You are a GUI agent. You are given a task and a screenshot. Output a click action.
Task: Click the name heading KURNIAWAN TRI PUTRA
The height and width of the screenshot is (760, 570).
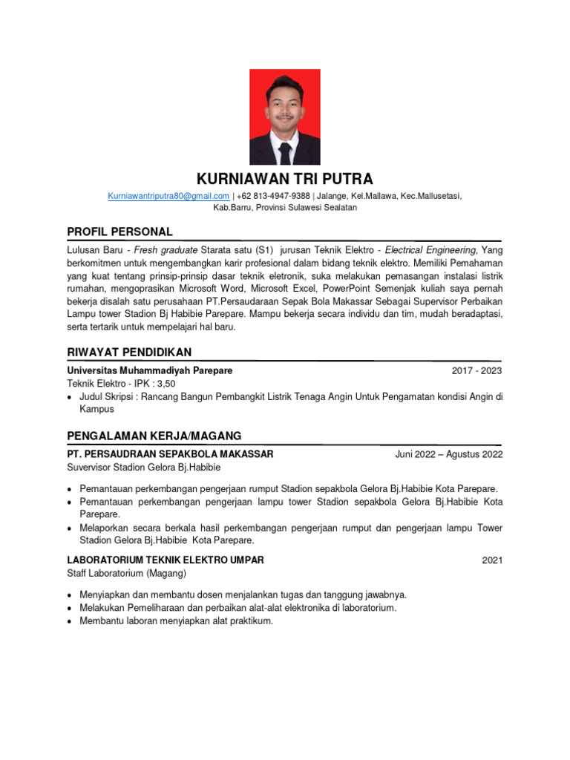tap(284, 179)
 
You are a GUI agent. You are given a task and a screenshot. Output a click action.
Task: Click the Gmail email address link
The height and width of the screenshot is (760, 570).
tap(168, 195)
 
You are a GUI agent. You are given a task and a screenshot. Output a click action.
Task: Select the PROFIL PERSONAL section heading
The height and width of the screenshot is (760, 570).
tap(119, 232)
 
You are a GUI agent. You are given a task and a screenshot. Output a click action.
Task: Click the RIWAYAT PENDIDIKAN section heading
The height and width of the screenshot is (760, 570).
tap(129, 351)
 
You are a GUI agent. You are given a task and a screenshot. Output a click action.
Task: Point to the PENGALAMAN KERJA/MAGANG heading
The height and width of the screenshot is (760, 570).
tap(154, 435)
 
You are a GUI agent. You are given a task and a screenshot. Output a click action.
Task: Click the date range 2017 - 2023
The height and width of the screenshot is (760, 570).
tap(476, 370)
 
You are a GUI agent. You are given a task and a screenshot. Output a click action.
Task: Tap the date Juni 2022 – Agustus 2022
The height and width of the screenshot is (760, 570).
tap(448, 454)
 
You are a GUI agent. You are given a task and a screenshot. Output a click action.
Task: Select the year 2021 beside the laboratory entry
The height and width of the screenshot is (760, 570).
tap(491, 560)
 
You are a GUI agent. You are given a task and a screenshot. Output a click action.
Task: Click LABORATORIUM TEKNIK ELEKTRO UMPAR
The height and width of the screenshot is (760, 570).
tap(165, 560)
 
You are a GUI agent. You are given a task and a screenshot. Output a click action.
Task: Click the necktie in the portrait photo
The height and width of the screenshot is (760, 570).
tap(285, 151)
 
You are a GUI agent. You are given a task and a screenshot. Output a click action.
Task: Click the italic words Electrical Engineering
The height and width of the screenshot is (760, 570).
tap(431, 250)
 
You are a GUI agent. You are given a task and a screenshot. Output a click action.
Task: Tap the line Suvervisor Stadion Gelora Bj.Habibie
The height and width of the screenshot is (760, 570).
tap(143, 468)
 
